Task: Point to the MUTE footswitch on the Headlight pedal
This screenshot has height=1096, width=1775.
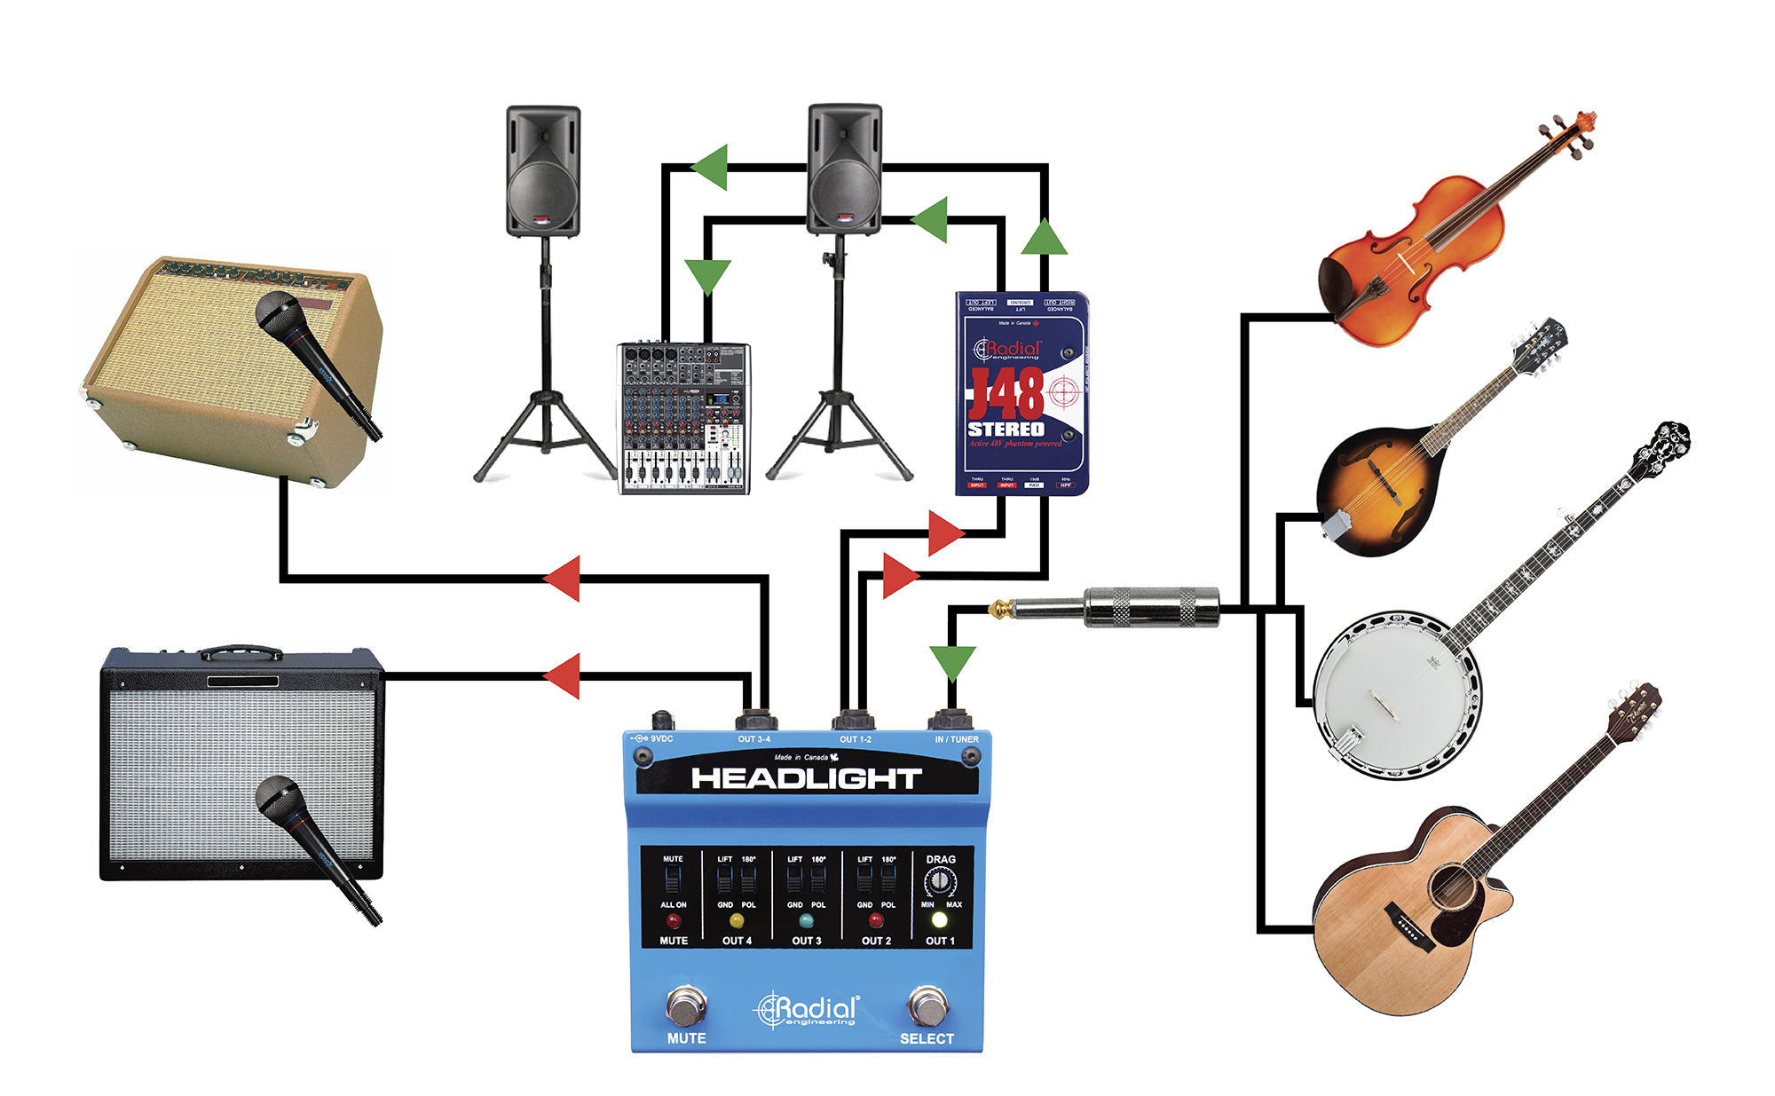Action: [x=686, y=1007]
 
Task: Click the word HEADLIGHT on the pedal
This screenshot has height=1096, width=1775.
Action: [x=806, y=779]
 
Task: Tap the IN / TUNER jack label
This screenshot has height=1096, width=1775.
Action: [x=956, y=739]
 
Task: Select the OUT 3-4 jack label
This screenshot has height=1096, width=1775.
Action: [x=753, y=739]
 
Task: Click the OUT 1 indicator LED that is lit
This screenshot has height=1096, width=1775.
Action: [x=939, y=920]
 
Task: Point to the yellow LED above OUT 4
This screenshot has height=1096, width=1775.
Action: [x=737, y=920]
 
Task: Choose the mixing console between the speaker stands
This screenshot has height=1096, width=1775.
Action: [x=683, y=417]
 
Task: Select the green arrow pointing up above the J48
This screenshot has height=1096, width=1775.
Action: [x=1044, y=237]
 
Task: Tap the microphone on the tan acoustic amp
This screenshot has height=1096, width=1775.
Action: [x=315, y=359]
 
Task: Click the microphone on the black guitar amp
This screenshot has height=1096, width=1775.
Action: [x=315, y=843]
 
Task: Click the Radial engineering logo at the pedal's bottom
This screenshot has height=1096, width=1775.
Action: [x=808, y=1010]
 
